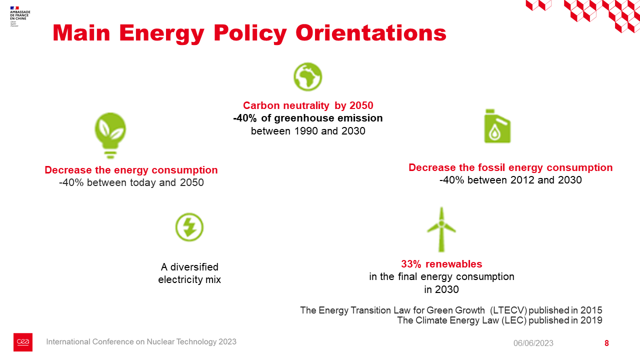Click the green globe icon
307,77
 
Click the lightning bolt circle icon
189,227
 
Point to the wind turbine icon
441,229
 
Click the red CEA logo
23,342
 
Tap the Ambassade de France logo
20,16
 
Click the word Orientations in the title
370,33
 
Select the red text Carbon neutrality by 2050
308,105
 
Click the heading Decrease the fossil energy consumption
510,167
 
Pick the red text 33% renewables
441,264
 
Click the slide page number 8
606,343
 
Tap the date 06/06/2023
533,343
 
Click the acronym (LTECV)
509,310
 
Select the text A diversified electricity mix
189,273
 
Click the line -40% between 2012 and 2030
510,180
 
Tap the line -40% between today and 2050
131,182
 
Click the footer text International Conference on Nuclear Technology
141,342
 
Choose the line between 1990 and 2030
308,131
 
